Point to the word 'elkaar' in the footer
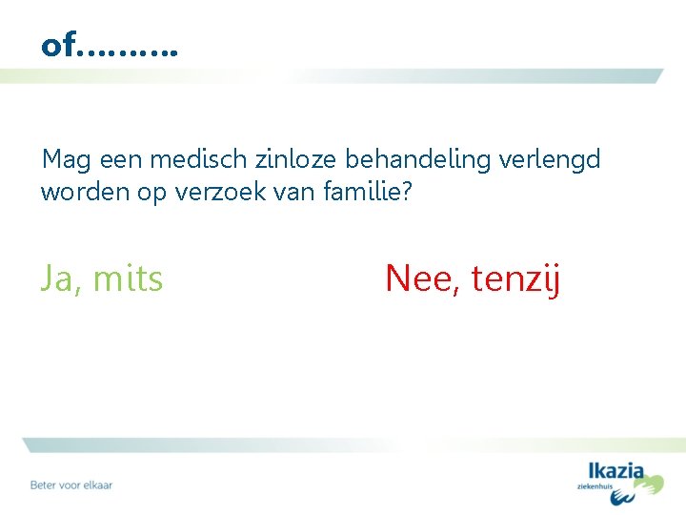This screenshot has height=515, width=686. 96,484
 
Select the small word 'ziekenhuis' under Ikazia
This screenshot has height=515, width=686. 597,486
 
